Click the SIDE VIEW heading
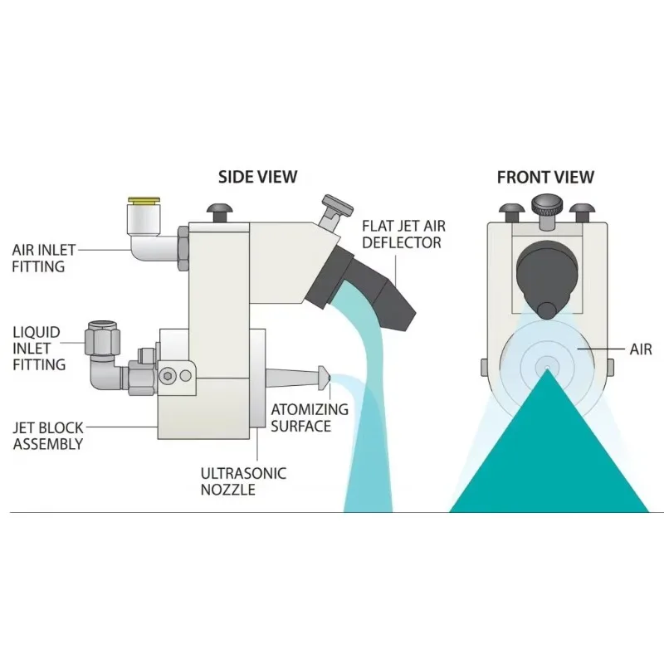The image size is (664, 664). [x=257, y=176]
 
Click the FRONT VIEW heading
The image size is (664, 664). [x=545, y=176]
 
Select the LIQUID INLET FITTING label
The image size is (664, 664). [x=38, y=348]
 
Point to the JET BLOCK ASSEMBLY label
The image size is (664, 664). [x=49, y=435]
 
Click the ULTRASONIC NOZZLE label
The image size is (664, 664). [x=243, y=481]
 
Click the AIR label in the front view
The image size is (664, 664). [x=640, y=349]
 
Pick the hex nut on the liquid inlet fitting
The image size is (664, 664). [x=103, y=339]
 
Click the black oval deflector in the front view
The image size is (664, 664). [x=545, y=274]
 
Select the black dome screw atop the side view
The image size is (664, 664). [x=221, y=212]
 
